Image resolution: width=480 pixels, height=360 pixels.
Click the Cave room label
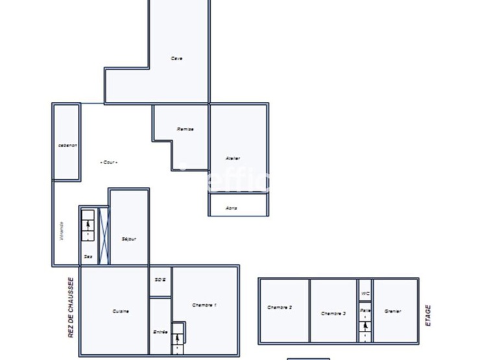pos(176,58)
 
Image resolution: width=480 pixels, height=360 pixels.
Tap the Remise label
pos(186,129)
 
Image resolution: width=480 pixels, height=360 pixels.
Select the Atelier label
pos(233,158)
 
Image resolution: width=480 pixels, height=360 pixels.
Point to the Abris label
pos(232,208)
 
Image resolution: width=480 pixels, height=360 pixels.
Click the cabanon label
pos(67,145)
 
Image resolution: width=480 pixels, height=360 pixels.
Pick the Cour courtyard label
pos(109,162)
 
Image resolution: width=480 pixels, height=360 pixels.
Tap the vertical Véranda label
pos(62,231)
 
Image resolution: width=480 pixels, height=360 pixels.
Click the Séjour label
pos(129,239)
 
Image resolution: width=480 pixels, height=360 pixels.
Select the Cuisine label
pos(121,311)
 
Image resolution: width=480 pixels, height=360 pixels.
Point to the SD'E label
pos(161,280)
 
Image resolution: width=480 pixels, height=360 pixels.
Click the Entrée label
pos(161,332)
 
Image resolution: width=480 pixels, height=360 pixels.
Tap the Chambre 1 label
pos(204,305)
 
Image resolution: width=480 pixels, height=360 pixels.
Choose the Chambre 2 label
pos(280,307)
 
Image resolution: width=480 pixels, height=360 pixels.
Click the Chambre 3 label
pos(333,313)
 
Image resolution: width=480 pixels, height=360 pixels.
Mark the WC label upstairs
pos(366,293)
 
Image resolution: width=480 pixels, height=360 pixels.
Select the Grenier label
pos(392,311)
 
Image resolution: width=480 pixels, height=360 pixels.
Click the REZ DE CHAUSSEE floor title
pos(71,308)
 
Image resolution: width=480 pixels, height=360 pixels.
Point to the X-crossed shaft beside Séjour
pos(104,236)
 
